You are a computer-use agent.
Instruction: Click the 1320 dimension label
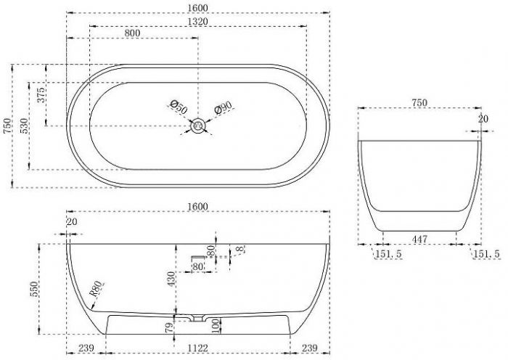197,22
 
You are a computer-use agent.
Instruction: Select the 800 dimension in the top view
132,33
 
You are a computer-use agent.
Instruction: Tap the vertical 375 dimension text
41,95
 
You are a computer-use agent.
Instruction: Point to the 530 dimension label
24,126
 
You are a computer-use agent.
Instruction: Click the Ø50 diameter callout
179,107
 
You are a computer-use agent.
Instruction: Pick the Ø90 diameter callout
224,107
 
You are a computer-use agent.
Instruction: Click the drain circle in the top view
198,126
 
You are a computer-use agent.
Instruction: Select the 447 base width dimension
419,239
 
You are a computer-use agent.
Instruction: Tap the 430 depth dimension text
171,279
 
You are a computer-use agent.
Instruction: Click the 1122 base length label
198,348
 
